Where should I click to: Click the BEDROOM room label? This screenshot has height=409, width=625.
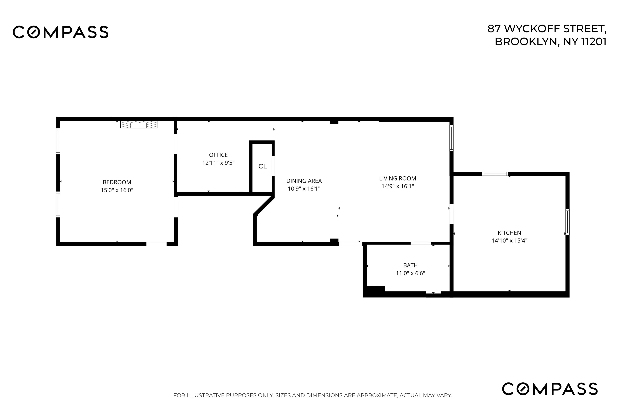[x=117, y=182]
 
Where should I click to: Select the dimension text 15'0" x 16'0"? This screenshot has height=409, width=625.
[x=117, y=190]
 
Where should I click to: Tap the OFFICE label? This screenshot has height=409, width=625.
[x=218, y=155]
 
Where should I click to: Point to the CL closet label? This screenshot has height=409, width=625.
[x=262, y=166]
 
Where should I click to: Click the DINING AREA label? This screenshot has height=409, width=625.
[x=304, y=181]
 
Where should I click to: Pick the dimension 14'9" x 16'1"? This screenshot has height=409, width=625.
[x=398, y=186]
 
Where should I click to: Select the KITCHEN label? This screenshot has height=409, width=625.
[x=509, y=233]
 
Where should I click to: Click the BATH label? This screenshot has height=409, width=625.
[x=410, y=265]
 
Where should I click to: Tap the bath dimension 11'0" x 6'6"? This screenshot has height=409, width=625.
[x=410, y=273]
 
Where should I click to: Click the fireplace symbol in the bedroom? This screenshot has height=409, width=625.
[x=139, y=124]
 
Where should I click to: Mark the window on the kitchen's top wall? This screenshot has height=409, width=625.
[x=495, y=174]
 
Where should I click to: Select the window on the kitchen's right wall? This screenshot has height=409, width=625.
[x=567, y=222]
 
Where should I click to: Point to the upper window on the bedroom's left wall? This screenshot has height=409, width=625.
[x=58, y=141]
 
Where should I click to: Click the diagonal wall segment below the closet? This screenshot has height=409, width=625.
[x=264, y=206]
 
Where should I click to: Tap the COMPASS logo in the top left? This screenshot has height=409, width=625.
[x=61, y=32]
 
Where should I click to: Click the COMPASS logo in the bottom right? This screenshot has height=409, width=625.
[x=550, y=389]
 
